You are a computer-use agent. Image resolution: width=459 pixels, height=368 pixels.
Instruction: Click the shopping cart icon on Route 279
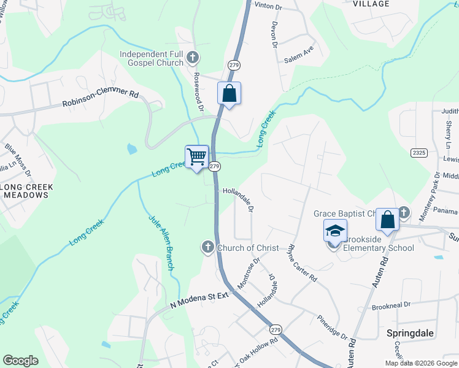(x=197, y=156)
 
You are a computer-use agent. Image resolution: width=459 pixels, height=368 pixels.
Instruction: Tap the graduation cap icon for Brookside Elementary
(x=335, y=232)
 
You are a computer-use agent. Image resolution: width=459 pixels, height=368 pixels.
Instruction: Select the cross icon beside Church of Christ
(x=207, y=247)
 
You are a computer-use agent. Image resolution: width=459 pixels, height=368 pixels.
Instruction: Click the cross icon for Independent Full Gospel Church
(x=192, y=58)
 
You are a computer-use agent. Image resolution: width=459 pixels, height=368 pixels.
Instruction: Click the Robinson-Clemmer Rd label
(x=101, y=98)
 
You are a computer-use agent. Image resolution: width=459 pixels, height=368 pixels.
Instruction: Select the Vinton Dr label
(x=268, y=7)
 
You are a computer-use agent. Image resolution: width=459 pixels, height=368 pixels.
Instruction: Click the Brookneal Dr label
(x=390, y=304)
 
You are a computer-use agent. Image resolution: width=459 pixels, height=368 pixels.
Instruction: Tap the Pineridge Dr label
(x=332, y=328)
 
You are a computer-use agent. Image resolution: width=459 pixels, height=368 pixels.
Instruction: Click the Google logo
(x=20, y=360)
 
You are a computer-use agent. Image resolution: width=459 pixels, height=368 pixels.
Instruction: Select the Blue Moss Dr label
(x=18, y=156)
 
